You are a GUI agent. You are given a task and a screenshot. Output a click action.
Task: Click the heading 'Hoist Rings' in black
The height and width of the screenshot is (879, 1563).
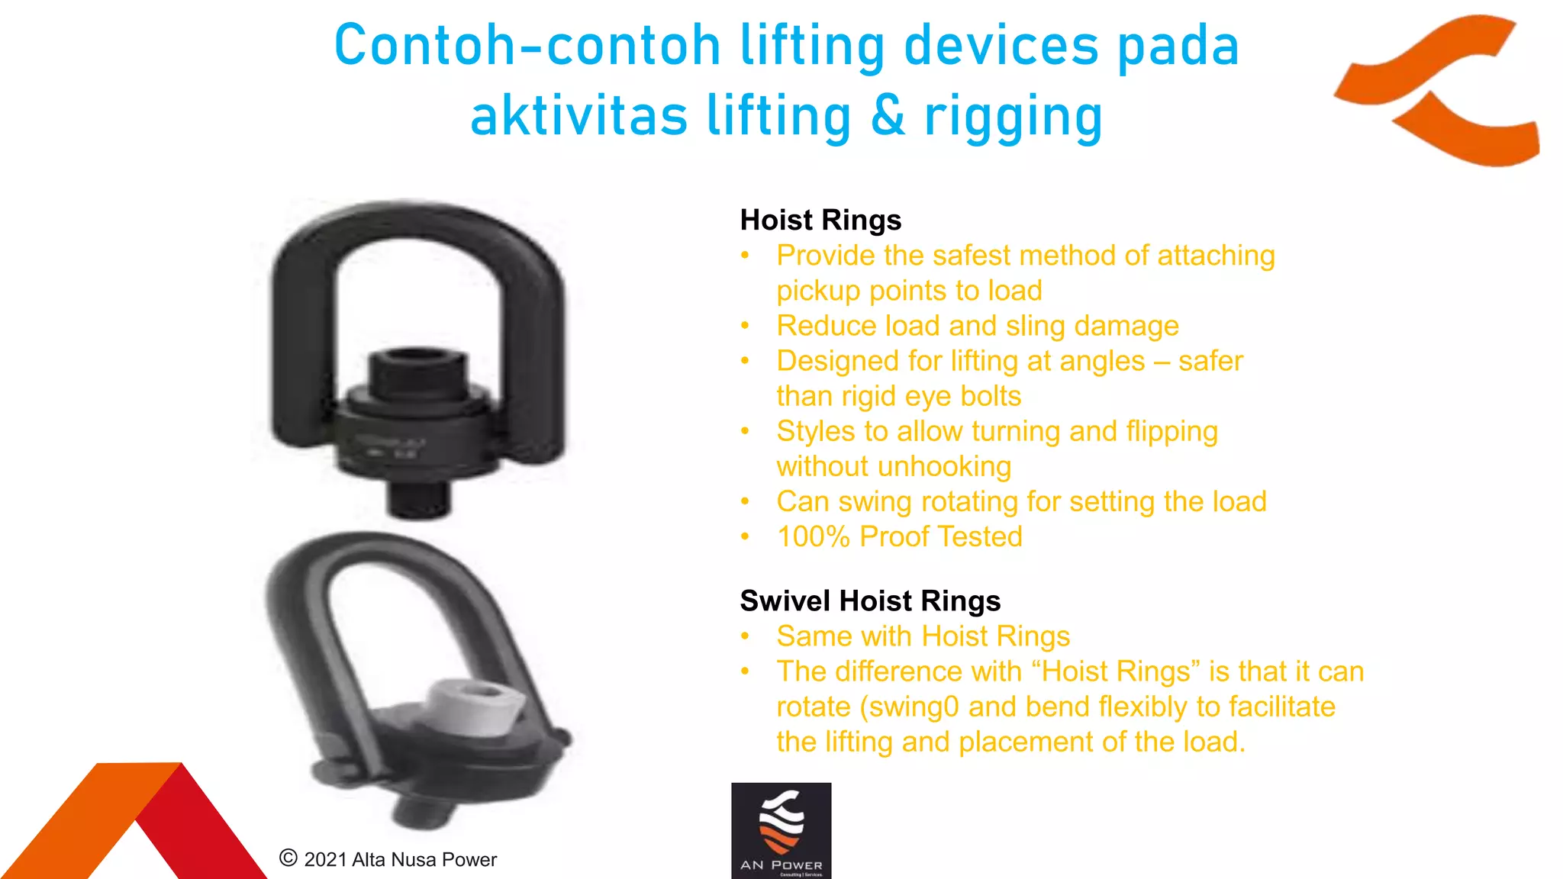click(x=820, y=221)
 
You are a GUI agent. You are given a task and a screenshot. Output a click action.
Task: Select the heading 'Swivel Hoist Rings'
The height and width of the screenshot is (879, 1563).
click(x=870, y=601)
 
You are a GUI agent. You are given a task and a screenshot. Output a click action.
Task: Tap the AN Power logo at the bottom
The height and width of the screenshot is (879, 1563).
click(x=781, y=830)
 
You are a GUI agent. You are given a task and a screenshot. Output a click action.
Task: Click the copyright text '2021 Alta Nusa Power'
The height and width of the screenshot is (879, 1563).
click(x=400, y=860)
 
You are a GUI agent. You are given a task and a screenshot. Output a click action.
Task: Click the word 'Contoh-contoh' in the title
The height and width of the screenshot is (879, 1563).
click(x=527, y=46)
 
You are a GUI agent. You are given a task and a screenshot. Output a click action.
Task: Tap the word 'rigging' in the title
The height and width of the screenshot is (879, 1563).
click(x=1014, y=117)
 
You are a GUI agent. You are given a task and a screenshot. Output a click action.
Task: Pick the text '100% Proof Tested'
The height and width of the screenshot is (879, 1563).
click(x=899, y=537)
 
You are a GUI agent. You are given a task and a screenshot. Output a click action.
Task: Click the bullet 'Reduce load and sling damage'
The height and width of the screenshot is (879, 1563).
click(x=977, y=327)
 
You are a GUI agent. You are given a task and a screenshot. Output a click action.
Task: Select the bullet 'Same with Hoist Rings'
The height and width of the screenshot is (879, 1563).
click(x=923, y=636)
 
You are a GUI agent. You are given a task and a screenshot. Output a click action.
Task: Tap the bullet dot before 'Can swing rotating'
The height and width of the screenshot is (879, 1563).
click(x=746, y=502)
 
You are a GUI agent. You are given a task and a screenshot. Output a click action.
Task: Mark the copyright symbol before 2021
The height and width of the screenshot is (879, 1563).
click(x=288, y=858)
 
